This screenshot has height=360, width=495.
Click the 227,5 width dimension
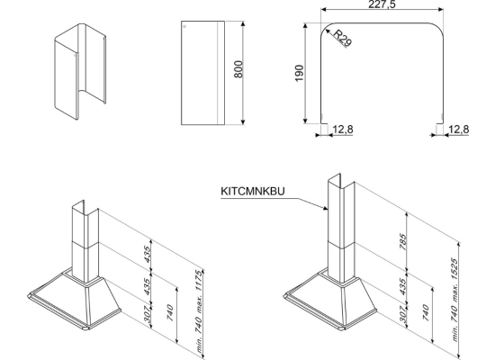[382, 4]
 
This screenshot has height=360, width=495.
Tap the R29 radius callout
[343, 38]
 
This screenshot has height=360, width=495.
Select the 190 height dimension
[299, 73]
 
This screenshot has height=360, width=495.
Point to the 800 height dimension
[238, 69]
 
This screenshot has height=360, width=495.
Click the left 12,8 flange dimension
[343, 130]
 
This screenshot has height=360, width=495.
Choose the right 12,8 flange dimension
[459, 130]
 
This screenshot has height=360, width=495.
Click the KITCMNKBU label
[253, 192]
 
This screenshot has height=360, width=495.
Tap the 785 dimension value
[403, 241]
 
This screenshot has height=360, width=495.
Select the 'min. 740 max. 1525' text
[454, 300]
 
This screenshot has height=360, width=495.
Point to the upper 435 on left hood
[148, 254]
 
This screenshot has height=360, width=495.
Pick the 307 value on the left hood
[148, 314]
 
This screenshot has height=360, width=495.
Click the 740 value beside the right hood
[426, 312]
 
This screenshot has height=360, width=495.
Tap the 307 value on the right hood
[403, 314]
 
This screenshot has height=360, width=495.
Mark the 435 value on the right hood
[403, 286]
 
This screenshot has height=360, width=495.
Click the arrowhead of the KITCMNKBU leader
[327, 208]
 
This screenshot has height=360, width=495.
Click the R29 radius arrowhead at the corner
[327, 30]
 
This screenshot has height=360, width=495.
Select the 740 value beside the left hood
[170, 312]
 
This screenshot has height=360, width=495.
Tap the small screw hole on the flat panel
[184, 26]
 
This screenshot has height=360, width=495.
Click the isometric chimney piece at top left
[80, 71]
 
